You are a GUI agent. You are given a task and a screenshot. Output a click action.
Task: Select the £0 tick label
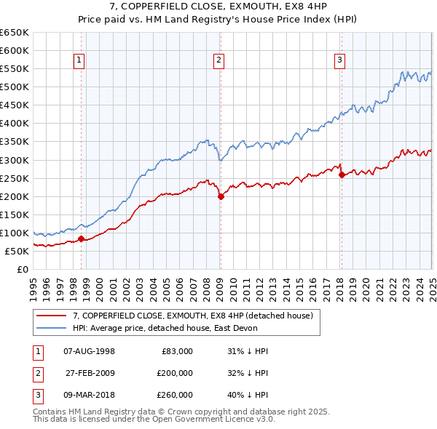[22, 269]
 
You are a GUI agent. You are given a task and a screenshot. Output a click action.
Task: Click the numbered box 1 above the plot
[79, 61]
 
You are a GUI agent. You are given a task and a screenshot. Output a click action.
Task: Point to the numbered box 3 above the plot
[340, 61]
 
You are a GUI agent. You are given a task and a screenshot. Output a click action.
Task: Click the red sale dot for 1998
[82, 238]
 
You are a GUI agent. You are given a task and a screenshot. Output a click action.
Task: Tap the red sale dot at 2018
[342, 175]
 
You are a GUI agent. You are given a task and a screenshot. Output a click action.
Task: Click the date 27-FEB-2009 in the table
[90, 373]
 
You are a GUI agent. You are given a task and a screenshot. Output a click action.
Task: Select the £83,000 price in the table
[176, 351]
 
